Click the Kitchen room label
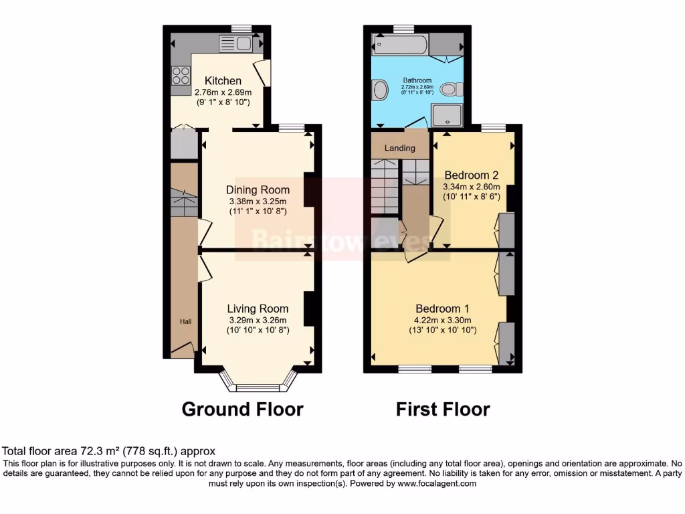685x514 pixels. tap(223, 81)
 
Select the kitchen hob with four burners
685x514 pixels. tap(181, 75)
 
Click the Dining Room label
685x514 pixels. tap(258, 189)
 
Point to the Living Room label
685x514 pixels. tap(258, 309)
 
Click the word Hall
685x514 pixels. tap(185, 322)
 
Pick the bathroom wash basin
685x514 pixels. tap(379, 90)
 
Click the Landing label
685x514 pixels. tap(400, 148)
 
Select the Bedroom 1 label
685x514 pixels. tap(442, 309)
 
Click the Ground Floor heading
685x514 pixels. tap(242, 409)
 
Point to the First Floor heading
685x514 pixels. tap(443, 409)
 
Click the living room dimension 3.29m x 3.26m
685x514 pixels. tap(258, 320)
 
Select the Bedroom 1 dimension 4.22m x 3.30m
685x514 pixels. tap(442, 320)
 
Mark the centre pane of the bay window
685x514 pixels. tap(258, 388)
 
